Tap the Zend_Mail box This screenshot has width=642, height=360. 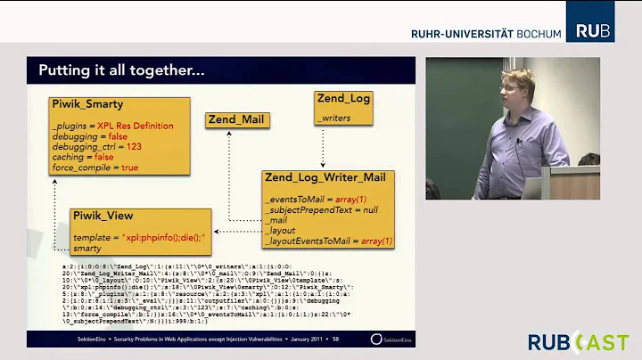pyautogui.click(x=236, y=119)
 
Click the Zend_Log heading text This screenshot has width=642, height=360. pyautogui.click(x=343, y=99)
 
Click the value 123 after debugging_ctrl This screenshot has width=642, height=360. pyautogui.click(x=131, y=146)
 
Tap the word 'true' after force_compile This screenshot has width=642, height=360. pyautogui.click(x=129, y=167)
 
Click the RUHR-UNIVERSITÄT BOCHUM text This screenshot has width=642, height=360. pyautogui.click(x=486, y=34)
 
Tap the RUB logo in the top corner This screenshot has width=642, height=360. pyautogui.click(x=592, y=31)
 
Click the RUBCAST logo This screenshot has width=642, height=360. pyautogui.click(x=578, y=341)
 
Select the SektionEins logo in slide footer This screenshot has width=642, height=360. pyautogui.click(x=390, y=339)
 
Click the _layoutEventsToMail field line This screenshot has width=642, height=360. pyautogui.click(x=328, y=241)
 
